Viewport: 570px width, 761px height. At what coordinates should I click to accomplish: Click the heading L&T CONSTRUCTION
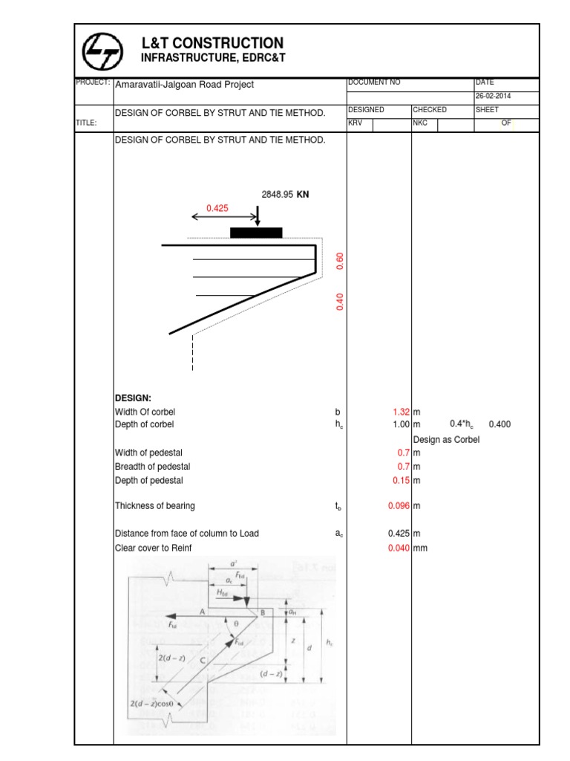tap(212, 43)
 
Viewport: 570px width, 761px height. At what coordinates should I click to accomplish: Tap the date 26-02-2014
tap(494, 97)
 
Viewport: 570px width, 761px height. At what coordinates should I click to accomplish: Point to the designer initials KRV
tap(356, 123)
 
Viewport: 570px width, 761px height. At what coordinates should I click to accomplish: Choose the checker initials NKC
tap(421, 123)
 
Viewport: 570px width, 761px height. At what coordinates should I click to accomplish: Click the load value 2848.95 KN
tap(285, 195)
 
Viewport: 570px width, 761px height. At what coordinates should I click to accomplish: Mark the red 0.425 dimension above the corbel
tap(217, 209)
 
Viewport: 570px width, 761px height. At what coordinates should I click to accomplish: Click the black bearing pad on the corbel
tap(256, 233)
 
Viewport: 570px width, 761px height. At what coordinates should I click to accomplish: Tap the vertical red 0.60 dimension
tap(341, 261)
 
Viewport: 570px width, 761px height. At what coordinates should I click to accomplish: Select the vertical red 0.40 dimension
tap(341, 302)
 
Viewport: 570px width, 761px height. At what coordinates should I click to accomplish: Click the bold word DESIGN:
tap(133, 398)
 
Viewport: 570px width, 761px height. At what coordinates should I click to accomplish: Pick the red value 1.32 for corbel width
tap(401, 412)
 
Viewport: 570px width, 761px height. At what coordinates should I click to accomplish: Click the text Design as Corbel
tap(446, 439)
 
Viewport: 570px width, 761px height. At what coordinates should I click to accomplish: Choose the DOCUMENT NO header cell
tap(374, 82)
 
